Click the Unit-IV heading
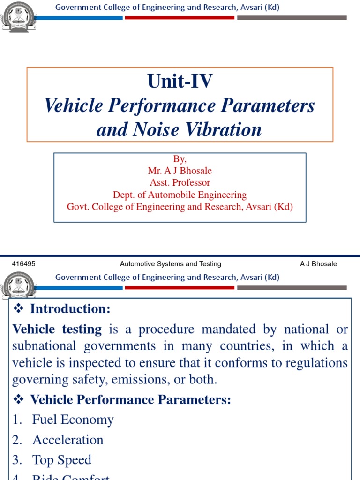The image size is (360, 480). (x=180, y=82)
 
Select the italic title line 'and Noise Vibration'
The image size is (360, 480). (x=179, y=129)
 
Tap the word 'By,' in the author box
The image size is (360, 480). (x=180, y=159)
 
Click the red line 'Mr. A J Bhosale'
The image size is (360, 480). (x=180, y=171)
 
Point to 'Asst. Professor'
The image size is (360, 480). (x=180, y=182)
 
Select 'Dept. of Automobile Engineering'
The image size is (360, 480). (x=180, y=195)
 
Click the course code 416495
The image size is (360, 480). (x=23, y=264)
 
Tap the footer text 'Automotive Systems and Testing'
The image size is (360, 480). (x=171, y=264)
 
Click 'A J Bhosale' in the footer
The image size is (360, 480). (x=318, y=264)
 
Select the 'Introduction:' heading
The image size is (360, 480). (x=70, y=309)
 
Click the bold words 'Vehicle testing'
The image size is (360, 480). (x=57, y=330)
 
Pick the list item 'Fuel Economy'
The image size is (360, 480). (x=73, y=420)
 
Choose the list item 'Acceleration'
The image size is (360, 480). (x=67, y=440)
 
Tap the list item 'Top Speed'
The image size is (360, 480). (x=61, y=460)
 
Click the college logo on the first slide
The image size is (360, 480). (x=18, y=17)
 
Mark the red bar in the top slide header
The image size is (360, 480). (x=180, y=18)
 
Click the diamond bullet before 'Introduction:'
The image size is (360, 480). (x=19, y=308)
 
